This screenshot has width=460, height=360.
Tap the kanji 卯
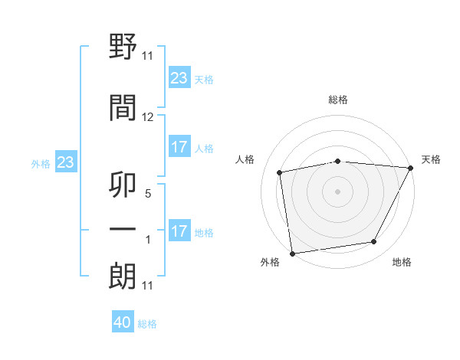(x=123, y=184)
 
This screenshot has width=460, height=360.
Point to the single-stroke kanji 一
(x=123, y=228)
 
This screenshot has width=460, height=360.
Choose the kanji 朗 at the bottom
(x=123, y=276)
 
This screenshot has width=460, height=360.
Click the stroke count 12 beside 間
(x=148, y=117)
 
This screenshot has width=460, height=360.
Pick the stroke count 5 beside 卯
(x=148, y=195)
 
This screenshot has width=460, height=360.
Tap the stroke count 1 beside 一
(x=148, y=240)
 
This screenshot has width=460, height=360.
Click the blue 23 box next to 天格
(x=179, y=78)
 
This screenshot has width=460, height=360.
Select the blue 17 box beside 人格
(x=179, y=147)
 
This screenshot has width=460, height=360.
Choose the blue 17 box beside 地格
(x=179, y=231)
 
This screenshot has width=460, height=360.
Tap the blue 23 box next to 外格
(x=65, y=162)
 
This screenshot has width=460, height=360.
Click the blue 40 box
(x=123, y=323)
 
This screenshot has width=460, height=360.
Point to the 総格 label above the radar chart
(x=338, y=100)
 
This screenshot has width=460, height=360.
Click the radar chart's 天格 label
(x=431, y=159)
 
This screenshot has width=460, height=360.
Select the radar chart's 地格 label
(x=402, y=263)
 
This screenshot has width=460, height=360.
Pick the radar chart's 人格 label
(x=245, y=159)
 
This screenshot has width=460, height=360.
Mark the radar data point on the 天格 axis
(x=412, y=168)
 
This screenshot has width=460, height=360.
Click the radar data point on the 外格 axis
(x=292, y=253)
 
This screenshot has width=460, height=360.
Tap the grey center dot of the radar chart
(x=338, y=191)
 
